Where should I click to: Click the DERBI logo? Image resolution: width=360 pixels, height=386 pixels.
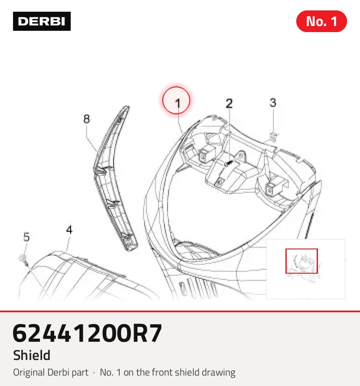pos(42,21)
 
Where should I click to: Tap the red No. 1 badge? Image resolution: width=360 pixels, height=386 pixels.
pos(321,21)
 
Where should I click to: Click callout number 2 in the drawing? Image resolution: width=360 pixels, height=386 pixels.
pos(229,103)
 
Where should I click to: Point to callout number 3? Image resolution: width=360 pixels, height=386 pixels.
pos(273,102)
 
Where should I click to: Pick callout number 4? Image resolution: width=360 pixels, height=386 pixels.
pos(69,230)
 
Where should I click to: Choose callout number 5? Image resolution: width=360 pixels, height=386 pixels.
pos(26,237)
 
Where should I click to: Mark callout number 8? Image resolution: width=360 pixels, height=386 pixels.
pos(86,119)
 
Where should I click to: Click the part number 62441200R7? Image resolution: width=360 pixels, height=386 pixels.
pos(88,333)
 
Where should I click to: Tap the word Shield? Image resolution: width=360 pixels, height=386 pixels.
pos(32,355)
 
